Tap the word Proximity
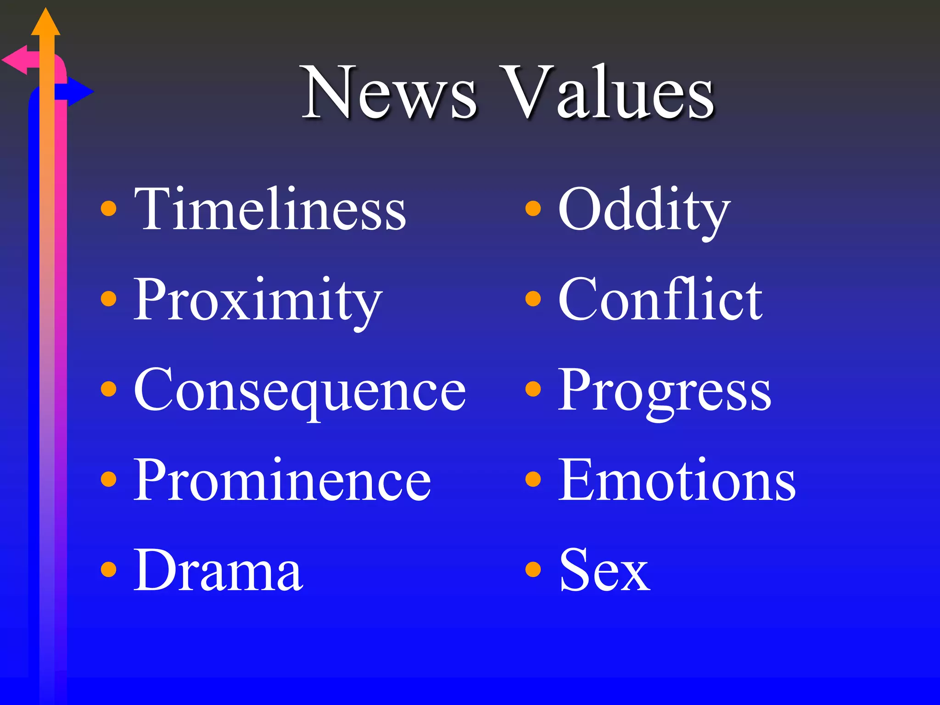pyautogui.click(x=257, y=301)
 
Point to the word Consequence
pyautogui.click(x=300, y=391)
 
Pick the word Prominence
pyautogui.click(x=282, y=481)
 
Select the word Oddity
pyautogui.click(x=643, y=210)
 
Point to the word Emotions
pyautogui.click(x=677, y=481)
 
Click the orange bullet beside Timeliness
pyautogui.click(x=108, y=208)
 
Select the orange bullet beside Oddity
pyautogui.click(x=533, y=208)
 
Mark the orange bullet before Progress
pyautogui.click(x=533, y=389)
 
